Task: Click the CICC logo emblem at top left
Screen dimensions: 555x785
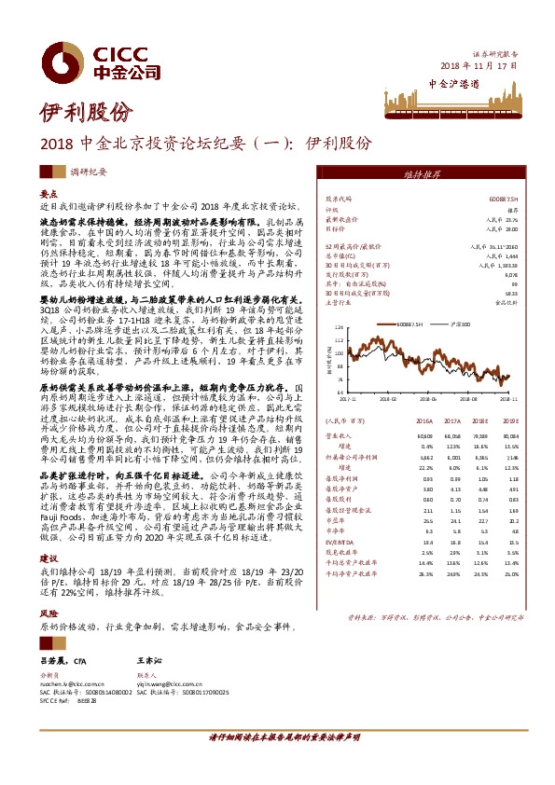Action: pos(63,58)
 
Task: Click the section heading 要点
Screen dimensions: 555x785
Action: pos(49,192)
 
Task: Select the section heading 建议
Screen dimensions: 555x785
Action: pos(49,558)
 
